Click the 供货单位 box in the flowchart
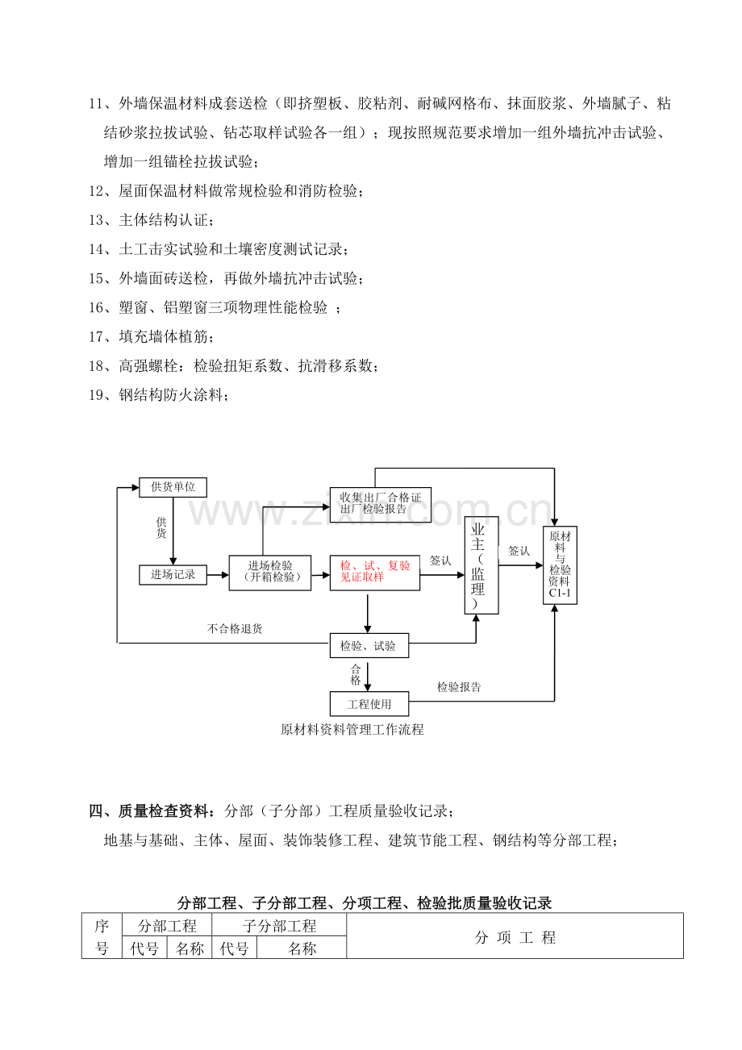173,487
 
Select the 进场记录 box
173,575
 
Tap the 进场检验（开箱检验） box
270,573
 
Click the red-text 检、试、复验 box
375,573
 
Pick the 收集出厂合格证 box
381,505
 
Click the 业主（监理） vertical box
481,565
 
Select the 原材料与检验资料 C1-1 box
561,565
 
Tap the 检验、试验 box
369,645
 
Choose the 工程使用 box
369,703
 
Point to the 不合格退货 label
235,628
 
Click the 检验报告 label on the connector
459,687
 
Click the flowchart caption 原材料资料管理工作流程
352,729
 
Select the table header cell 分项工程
515,937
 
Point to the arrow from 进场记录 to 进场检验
218,575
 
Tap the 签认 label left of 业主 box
440,560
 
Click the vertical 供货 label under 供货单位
161,527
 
